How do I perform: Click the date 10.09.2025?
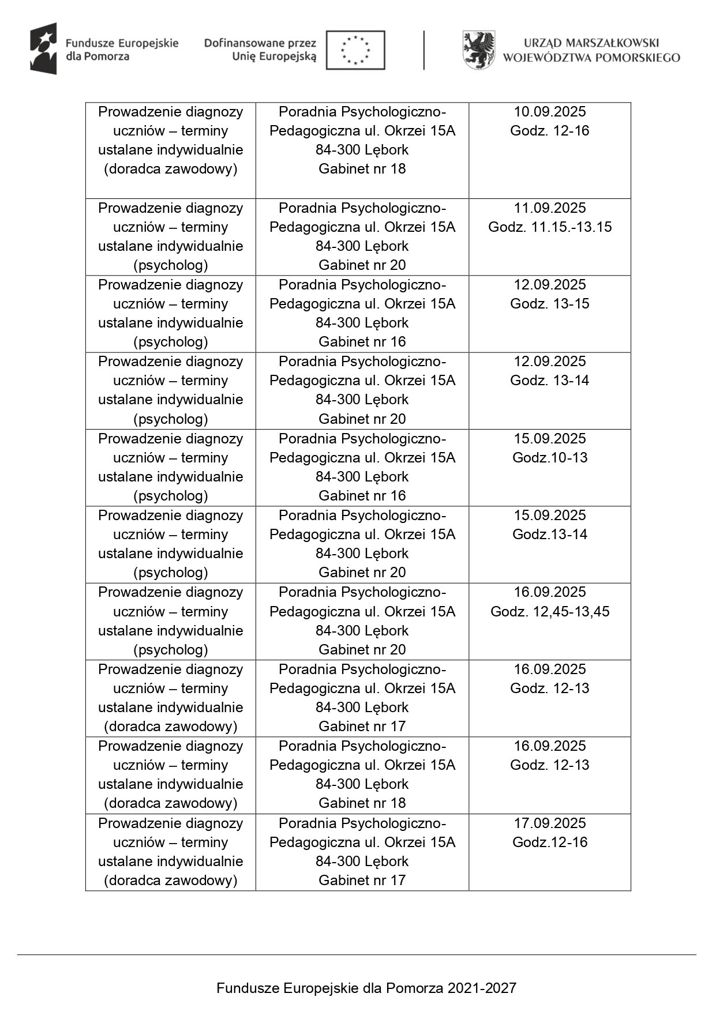point(549,112)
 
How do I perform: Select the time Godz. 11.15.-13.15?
point(549,227)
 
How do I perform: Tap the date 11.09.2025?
point(549,208)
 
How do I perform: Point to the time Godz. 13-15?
point(549,304)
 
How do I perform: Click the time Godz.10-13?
point(549,458)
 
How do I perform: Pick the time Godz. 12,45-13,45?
point(549,612)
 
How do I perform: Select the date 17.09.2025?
point(549,823)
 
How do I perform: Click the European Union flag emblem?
point(355,50)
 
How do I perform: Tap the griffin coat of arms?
point(479,50)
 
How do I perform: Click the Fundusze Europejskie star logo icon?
point(44,49)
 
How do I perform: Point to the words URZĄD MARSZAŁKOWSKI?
point(591,43)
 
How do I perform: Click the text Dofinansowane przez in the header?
point(260,43)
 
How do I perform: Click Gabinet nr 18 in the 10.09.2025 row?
point(362,169)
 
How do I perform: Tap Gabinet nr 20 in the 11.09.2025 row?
point(362,265)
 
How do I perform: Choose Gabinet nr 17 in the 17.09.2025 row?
point(362,881)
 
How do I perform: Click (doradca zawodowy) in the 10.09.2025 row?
point(170,169)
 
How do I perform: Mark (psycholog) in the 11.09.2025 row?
point(170,265)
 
